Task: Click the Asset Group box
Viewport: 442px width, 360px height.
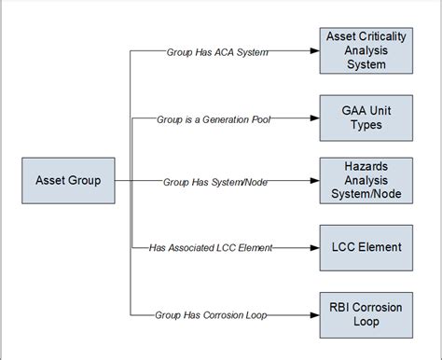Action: tap(68, 180)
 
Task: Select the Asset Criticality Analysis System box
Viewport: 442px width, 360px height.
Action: tap(366, 50)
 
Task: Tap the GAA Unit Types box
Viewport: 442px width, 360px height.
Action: tap(366, 118)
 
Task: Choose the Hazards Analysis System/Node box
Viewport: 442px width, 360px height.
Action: tap(366, 180)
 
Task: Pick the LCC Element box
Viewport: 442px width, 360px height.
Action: tap(366, 247)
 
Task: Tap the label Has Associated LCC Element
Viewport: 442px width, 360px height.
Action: tap(211, 247)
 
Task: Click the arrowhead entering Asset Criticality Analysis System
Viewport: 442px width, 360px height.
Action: tap(314, 51)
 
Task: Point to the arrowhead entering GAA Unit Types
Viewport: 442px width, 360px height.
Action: tap(314, 118)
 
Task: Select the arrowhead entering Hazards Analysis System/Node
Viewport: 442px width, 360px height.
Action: tap(314, 180)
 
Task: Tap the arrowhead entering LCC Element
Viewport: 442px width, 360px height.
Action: tap(314, 247)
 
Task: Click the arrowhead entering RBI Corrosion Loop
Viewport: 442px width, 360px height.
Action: tap(314, 314)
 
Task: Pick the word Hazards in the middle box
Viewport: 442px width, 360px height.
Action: tap(366, 166)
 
